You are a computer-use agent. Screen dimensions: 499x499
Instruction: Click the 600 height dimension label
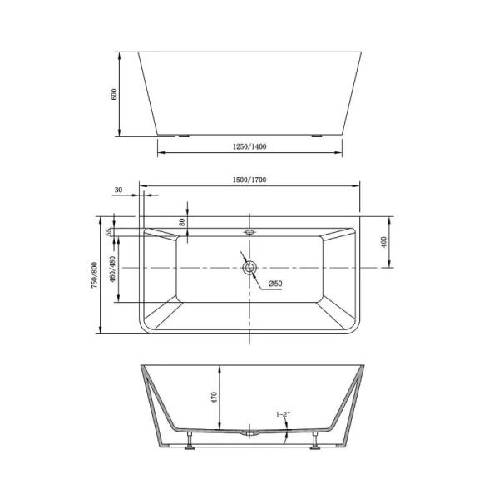coord(114,94)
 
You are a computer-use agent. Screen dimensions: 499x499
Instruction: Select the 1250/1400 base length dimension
coord(250,146)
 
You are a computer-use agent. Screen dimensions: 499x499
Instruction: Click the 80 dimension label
coord(182,222)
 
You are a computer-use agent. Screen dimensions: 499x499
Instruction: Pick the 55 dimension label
coord(109,232)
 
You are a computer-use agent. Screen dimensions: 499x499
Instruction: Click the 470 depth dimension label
coord(215,397)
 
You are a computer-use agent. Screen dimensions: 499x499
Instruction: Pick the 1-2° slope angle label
coord(284,413)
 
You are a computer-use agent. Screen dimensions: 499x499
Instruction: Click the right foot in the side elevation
coord(316,136)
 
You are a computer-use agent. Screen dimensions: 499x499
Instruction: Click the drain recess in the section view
coord(249,432)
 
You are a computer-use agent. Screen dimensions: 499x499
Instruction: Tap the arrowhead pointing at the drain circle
coord(244,257)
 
